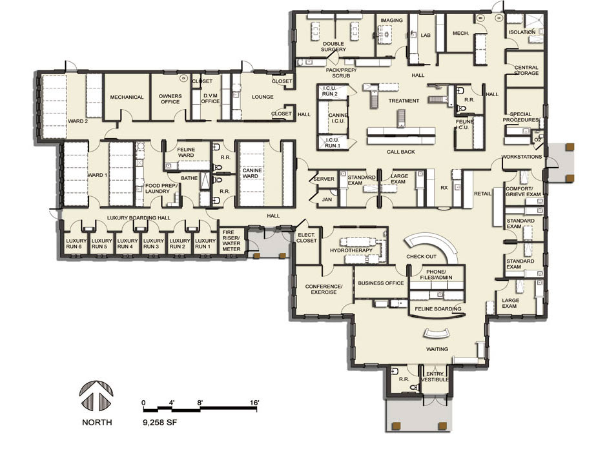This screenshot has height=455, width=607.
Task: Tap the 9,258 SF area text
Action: pyautogui.click(x=160, y=423)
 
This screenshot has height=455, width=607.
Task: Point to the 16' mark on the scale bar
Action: pyautogui.click(x=254, y=403)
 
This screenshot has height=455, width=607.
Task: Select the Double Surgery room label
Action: pyautogui.click(x=333, y=46)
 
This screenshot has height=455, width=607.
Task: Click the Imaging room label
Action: pyautogui.click(x=391, y=20)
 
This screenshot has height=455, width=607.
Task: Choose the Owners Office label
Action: pyautogui.click(x=170, y=99)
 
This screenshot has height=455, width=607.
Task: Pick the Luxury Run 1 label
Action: pyautogui.click(x=205, y=243)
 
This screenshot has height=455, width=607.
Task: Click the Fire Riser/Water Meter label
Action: pyautogui.click(x=231, y=241)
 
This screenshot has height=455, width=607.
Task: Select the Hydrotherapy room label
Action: pyautogui.click(x=351, y=250)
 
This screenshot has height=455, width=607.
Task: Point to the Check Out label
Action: pyautogui.click(x=421, y=256)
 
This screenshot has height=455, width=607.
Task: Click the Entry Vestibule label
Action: pyautogui.click(x=435, y=376)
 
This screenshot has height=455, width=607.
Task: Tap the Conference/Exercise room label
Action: pyautogui.click(x=324, y=289)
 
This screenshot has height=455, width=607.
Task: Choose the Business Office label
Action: pyautogui.click(x=380, y=283)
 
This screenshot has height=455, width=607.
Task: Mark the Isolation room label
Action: pyautogui.click(x=522, y=32)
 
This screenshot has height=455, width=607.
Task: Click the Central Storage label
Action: pyautogui.click(x=526, y=70)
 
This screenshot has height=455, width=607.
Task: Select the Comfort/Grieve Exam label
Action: pyautogui.click(x=523, y=192)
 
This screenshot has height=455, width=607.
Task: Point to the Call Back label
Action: pyautogui.click(x=400, y=152)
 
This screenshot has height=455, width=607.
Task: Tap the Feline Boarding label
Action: pyautogui.click(x=438, y=308)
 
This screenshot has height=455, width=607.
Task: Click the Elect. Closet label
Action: pyautogui.click(x=307, y=238)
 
